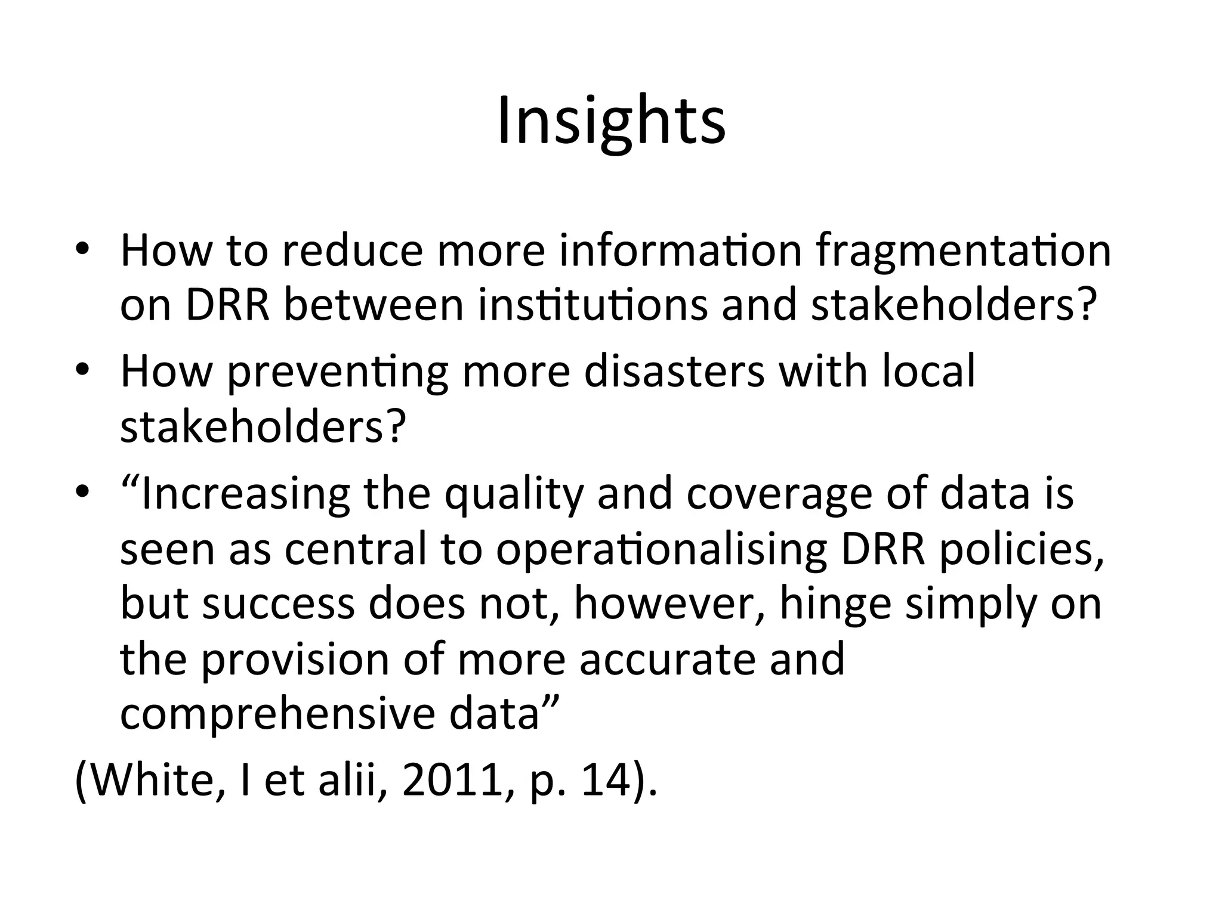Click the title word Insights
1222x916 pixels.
611,122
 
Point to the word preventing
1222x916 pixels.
337,372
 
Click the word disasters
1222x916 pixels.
674,371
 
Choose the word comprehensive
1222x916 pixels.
277,714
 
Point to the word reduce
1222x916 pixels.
352,252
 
